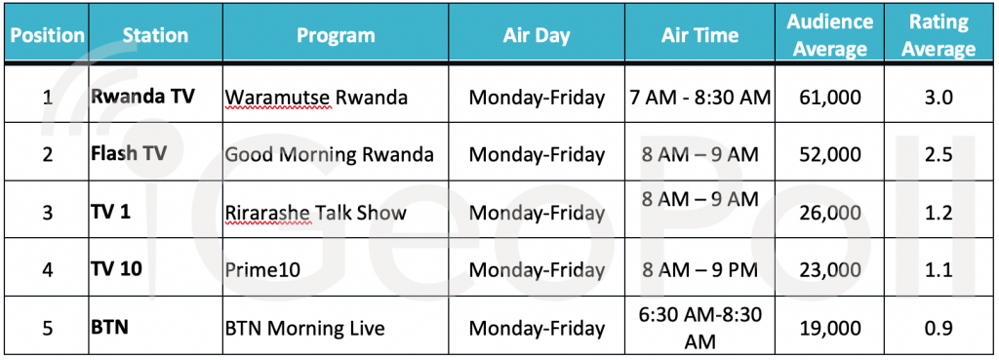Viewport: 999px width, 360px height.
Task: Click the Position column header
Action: click(48, 35)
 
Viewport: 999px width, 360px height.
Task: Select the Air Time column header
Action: click(699, 34)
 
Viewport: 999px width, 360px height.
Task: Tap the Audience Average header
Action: click(829, 35)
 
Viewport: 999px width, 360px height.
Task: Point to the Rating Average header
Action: click(939, 35)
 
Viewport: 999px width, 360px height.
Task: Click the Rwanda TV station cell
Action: click(142, 97)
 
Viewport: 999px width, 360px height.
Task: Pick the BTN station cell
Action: click(109, 328)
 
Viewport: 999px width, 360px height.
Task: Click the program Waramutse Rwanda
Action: click(316, 99)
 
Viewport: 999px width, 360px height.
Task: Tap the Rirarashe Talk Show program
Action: click(316, 213)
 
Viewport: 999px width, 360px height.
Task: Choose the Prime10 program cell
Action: click(262, 270)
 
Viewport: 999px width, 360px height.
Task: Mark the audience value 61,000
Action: click(829, 98)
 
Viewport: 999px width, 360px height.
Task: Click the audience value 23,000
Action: click(829, 270)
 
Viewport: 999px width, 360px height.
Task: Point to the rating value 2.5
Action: click(939, 155)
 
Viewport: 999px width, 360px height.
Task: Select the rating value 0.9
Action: click(939, 328)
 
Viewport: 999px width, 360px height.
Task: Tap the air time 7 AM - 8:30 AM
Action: click(699, 98)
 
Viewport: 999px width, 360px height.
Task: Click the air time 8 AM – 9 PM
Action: click(699, 270)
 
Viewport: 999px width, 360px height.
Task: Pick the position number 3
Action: click(47, 213)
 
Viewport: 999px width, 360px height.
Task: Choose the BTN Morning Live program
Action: click(305, 328)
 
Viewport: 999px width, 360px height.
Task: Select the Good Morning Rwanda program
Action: click(330, 155)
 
